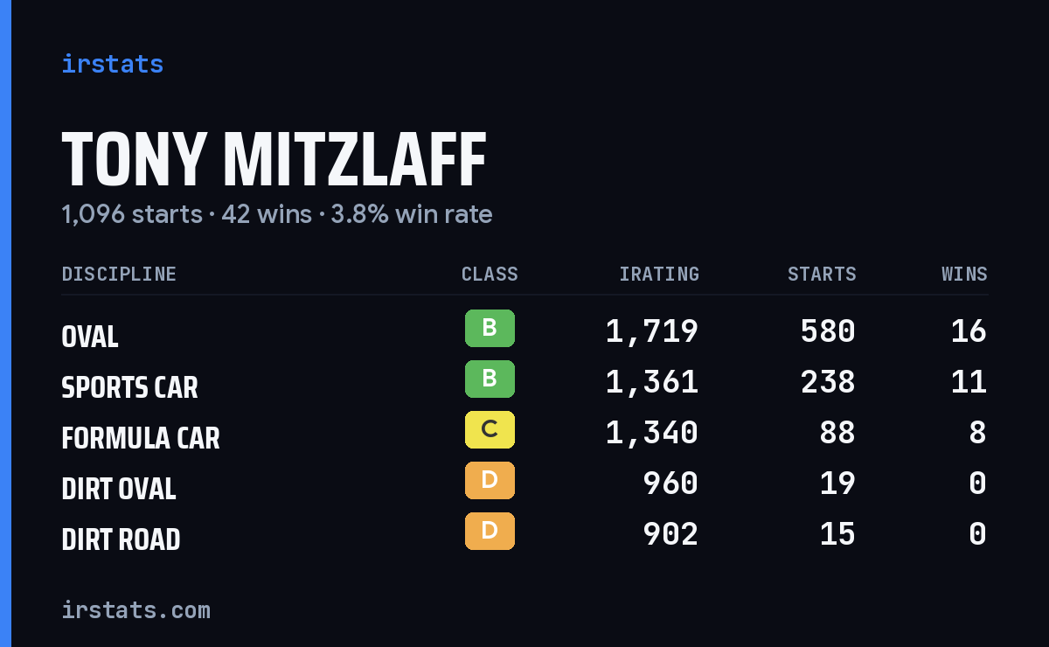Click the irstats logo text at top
click(x=113, y=64)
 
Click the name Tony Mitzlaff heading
click(x=274, y=159)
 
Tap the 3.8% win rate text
click(x=412, y=214)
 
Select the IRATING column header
click(x=659, y=274)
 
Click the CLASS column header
click(x=490, y=274)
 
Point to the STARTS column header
click(x=822, y=274)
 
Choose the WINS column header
click(x=965, y=274)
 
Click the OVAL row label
click(x=90, y=337)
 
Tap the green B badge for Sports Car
click(x=490, y=379)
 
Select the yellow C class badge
click(x=490, y=429)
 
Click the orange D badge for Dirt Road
click(x=490, y=531)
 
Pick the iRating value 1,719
click(x=652, y=331)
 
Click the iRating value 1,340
click(x=652, y=433)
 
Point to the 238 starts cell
click(x=828, y=382)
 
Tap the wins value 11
click(x=969, y=382)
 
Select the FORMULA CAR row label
click(x=141, y=438)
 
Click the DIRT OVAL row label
click(x=119, y=489)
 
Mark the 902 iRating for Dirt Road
click(x=670, y=534)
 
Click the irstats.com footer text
click(x=136, y=610)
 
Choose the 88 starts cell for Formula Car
click(x=837, y=433)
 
